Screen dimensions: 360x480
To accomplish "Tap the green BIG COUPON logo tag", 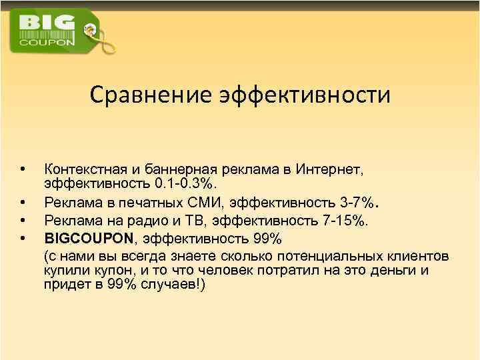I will tap(51, 31).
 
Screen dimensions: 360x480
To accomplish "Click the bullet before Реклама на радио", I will tap(23, 219).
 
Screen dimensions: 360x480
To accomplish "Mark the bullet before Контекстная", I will tap(23, 167).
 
